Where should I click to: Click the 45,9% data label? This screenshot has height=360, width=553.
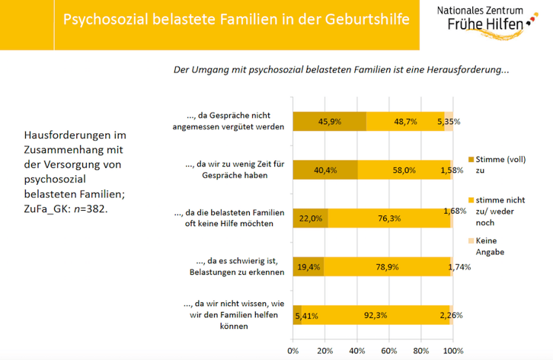[x=329, y=121]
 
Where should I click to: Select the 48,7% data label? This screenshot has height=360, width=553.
[x=404, y=121]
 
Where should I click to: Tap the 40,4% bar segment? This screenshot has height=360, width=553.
[x=325, y=170]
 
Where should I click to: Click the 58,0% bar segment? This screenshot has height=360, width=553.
[x=404, y=170]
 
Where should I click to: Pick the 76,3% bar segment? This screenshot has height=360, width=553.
[x=388, y=218]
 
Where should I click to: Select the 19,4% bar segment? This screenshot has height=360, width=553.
[x=308, y=267]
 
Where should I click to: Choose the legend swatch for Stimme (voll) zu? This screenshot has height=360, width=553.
[x=470, y=158]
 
